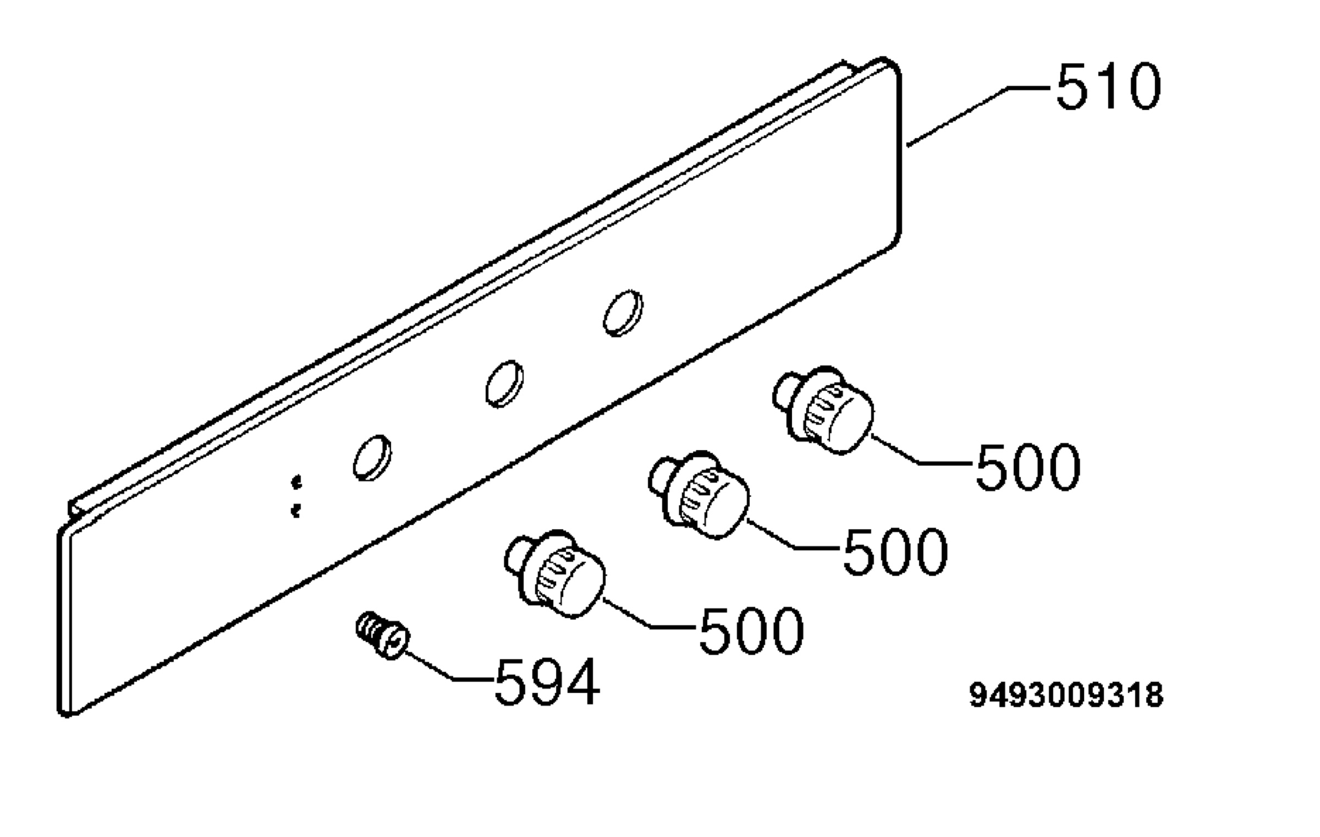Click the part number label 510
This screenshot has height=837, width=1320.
coord(1108,87)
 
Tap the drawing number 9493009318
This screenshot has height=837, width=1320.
coord(1066,694)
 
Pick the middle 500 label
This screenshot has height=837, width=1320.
coord(895,551)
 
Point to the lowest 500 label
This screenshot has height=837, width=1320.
coord(751,631)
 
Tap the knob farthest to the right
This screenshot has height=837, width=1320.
coord(823,409)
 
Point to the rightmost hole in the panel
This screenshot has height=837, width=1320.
coord(623,313)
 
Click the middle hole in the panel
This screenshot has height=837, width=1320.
coord(504,384)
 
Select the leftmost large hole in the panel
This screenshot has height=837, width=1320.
coord(372,457)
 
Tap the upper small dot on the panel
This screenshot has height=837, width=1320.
coord(297,483)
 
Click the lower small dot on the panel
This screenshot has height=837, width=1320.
coord(296,511)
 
